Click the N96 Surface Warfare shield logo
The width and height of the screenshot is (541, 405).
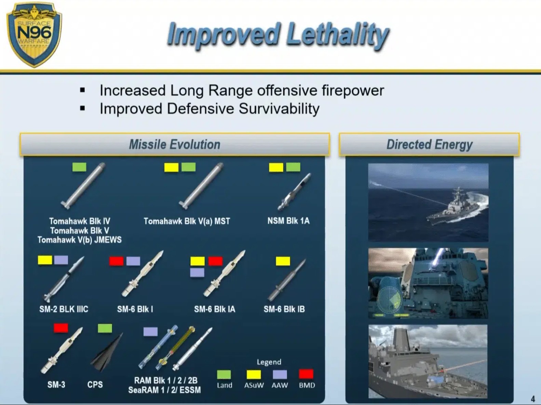coord(34,34)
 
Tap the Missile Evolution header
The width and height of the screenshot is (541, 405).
coord(175,144)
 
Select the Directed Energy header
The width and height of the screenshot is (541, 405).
coord(429,144)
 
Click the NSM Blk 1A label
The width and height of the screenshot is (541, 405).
coord(288,221)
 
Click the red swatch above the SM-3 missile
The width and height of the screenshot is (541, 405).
coord(61,328)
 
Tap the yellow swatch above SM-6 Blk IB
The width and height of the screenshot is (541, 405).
coord(283,261)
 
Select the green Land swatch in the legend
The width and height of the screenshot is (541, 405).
coord(224,375)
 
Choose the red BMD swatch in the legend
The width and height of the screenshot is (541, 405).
coord(306,374)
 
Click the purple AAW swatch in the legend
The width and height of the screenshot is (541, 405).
coord(280,375)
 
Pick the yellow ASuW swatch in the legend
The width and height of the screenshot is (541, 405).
coord(254,375)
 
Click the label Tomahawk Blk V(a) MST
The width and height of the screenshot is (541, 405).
coord(187,221)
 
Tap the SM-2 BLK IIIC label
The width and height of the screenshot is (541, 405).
coord(64,309)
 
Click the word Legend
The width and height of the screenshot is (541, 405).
coord(269,362)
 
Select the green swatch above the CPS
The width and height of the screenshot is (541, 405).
coord(105,328)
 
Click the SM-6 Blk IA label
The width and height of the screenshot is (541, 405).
coord(214,309)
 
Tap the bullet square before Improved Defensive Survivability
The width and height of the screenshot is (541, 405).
coord(83,108)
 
